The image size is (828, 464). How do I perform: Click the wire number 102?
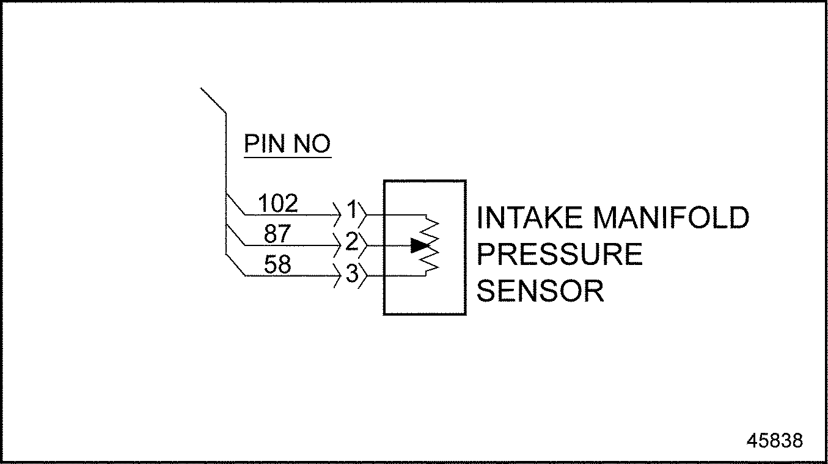coord(278,203)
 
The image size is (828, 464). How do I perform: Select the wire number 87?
coord(277,234)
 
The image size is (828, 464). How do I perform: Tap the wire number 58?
coord(277,264)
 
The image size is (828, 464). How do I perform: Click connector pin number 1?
coord(351,210)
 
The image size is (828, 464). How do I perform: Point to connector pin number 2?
coord(351,242)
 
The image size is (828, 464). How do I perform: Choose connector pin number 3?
coord(351,274)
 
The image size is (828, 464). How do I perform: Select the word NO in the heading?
coord(312,144)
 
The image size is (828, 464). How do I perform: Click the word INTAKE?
coord(531,218)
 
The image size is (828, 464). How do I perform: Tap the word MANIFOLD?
coord(671,218)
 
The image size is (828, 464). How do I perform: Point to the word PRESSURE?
coord(559,255)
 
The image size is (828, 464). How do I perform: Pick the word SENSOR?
coord(540,291)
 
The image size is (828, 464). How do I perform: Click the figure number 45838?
coord(774,440)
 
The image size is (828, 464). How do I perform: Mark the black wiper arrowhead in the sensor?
coord(419,245)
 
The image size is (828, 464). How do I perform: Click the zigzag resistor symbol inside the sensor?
coord(431,245)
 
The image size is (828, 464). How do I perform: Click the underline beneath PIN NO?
coord(287,158)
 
